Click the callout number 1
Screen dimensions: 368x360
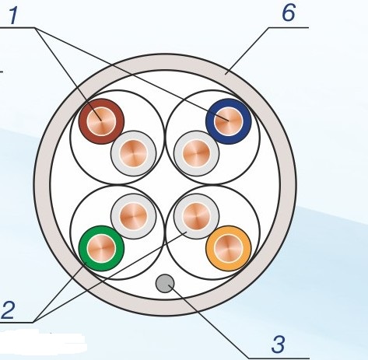pos(13,16)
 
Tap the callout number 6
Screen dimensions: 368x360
pos(289,13)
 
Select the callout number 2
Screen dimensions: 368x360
pos(8,310)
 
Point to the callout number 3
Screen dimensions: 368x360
pos(279,344)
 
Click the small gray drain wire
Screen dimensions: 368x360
pos(165,283)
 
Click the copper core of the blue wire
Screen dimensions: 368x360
pos(229,121)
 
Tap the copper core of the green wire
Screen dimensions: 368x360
pos(101,248)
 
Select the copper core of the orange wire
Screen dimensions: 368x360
pos(229,248)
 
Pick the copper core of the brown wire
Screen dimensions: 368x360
pos(101,121)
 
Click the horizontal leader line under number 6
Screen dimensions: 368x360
pos(289,27)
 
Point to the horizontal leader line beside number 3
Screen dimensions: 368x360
pos(279,358)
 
